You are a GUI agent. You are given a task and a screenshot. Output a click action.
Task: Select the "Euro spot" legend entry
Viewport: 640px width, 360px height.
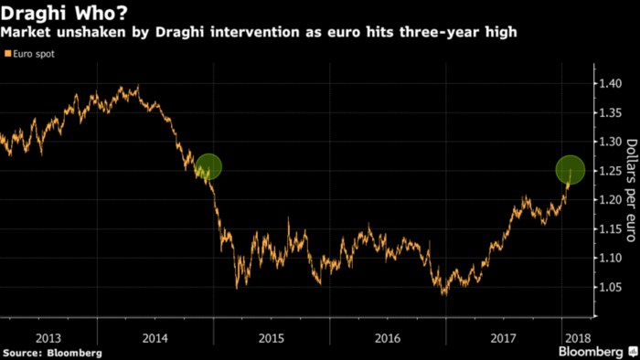[31, 54]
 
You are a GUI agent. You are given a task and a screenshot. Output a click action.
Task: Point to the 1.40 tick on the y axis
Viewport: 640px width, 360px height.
[609, 83]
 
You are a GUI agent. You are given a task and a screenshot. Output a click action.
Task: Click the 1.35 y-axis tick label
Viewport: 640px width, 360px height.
[609, 112]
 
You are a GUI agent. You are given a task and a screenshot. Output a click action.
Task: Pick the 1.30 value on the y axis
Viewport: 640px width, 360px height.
[609, 142]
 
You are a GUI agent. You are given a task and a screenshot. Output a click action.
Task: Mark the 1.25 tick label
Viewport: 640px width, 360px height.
[609, 171]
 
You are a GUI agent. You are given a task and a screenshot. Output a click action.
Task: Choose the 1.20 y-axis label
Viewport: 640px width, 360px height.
[609, 200]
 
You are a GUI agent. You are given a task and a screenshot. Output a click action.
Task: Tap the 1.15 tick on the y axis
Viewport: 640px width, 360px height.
[609, 229]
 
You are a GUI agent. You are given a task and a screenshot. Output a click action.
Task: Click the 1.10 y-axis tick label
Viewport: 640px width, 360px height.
[609, 259]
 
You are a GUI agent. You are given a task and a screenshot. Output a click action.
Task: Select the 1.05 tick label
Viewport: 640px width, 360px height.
[609, 288]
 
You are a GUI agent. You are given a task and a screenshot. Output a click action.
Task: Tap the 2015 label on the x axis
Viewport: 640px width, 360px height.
[272, 336]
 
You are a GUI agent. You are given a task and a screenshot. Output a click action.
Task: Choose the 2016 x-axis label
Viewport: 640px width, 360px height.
[387, 336]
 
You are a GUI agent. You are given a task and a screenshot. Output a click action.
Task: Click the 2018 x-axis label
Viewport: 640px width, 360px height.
[575, 336]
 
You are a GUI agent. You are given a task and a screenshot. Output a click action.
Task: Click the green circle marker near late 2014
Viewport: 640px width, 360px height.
[208, 166]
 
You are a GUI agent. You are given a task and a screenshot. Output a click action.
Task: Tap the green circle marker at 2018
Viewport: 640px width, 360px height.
[571, 169]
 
